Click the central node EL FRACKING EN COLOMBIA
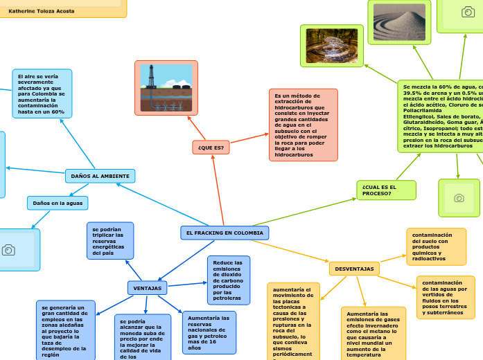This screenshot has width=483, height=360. [x=225, y=233]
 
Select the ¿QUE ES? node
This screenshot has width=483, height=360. [x=211, y=147]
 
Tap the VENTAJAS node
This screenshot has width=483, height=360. [x=147, y=288]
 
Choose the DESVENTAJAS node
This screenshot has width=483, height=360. [x=353, y=269]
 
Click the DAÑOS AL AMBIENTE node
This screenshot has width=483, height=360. [x=100, y=177]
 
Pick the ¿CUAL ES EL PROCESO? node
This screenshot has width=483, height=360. [x=386, y=190]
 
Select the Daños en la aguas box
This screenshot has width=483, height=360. [x=58, y=203]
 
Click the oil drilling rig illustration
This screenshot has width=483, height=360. [x=166, y=88]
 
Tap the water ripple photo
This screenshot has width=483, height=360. [x=331, y=46]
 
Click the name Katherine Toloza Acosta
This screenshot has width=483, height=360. [x=41, y=11]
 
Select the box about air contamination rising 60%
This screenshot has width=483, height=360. [x=42, y=93]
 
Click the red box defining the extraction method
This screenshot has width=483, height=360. [x=303, y=125]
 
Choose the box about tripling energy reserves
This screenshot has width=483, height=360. [x=110, y=240]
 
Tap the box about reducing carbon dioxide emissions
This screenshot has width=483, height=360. [x=228, y=280]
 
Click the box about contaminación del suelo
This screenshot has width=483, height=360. [x=436, y=247]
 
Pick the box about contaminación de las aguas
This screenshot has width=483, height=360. [x=446, y=298]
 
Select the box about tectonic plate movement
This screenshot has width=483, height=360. [x=293, y=321]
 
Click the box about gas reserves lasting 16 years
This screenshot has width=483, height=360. [x=209, y=332]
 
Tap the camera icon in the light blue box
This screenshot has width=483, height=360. [x=9, y=250]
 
